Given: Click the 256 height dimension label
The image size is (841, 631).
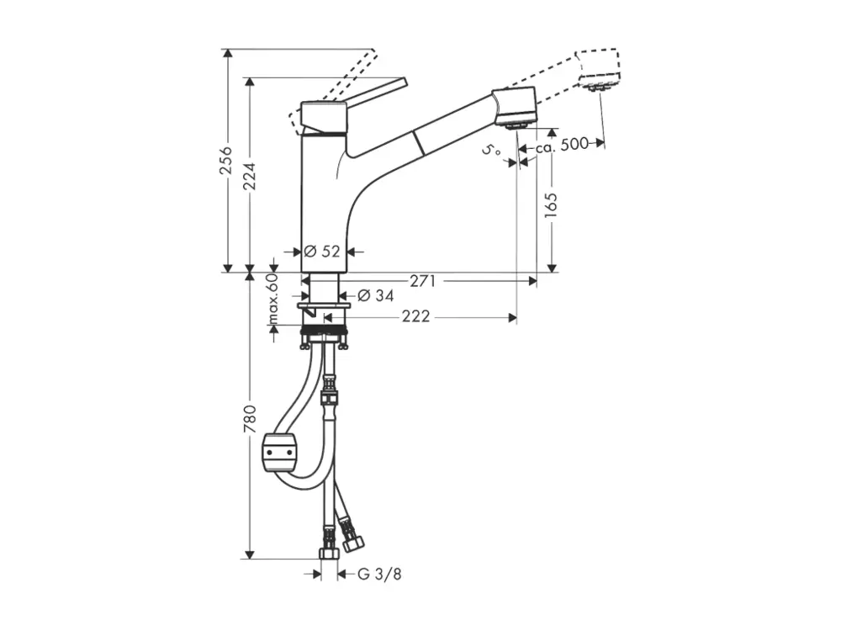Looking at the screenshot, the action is point(226,159).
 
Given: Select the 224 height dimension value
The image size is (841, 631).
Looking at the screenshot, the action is point(250,177).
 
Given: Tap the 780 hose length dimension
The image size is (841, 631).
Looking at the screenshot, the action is point(250,420).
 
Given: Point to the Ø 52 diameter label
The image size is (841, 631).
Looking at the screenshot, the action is point(322,251).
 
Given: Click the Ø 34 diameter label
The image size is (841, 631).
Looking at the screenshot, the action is point(375,295).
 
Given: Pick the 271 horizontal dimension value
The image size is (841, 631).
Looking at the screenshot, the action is point(422,281).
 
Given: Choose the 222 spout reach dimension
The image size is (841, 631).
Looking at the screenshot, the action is point(416,316).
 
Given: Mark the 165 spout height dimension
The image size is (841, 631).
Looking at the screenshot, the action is point(551,205).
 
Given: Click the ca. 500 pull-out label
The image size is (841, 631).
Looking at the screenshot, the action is point(562,145).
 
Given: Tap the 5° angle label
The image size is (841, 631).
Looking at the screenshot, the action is point(491,151).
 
